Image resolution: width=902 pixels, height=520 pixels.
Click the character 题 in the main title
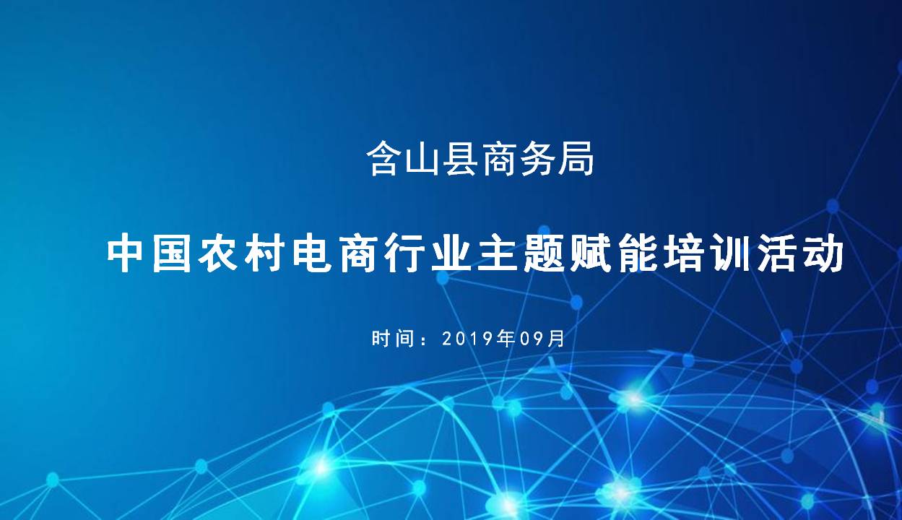[542, 254]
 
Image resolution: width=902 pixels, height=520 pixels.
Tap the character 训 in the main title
[729, 254]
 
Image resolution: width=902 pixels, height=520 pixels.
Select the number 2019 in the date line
[468, 339]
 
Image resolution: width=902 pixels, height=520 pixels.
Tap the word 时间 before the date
[392, 339]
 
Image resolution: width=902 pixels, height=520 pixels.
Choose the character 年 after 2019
[506, 339]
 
